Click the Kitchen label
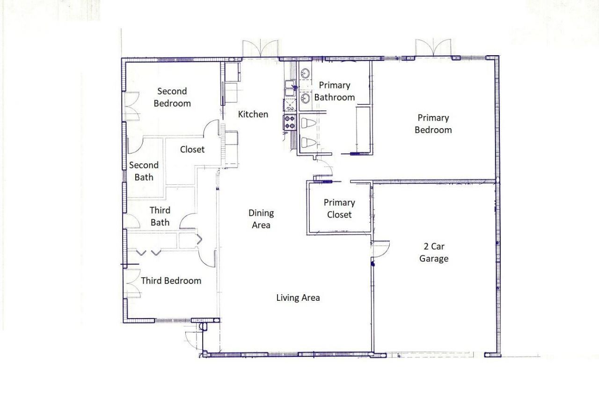tap(253, 114)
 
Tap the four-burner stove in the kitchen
tap(289, 123)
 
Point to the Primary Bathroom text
tap(334, 91)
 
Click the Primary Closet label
tap(339, 209)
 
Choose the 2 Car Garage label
tap(434, 253)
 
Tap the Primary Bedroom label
tap(433, 124)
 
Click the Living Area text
tap(298, 297)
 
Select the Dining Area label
tap(261, 219)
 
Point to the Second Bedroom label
tap(172, 97)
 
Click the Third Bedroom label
tap(171, 281)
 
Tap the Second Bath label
tap(144, 171)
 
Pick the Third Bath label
tap(160, 216)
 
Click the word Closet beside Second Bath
tap(192, 150)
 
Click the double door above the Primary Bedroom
tap(433, 49)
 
